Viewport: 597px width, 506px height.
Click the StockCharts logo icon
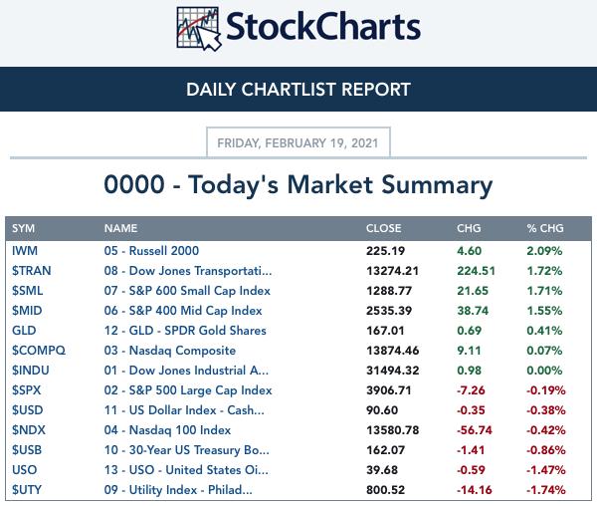pos(198,29)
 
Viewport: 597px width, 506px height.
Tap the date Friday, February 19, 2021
pos(298,142)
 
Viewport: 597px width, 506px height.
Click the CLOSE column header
pos(383,228)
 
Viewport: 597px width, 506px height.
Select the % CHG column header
pos(545,228)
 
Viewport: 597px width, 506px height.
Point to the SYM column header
pos(23,228)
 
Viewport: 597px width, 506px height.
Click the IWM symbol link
pos(25,251)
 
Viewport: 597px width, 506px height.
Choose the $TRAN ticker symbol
pos(31,271)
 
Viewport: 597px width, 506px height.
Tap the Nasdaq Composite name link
pos(170,351)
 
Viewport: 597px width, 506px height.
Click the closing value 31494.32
pos(393,371)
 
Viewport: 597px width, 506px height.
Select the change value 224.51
pos(476,271)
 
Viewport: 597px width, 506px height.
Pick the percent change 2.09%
pos(544,251)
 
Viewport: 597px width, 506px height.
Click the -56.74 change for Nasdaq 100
pos(475,430)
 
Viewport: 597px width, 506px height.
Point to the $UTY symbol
pos(27,490)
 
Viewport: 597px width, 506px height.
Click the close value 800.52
pos(385,490)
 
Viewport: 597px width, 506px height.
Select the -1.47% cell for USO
pos(546,470)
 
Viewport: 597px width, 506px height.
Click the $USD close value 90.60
pos(382,410)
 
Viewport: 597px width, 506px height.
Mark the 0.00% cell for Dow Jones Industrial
pos(544,371)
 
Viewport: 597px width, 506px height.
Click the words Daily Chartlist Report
pos(298,90)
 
